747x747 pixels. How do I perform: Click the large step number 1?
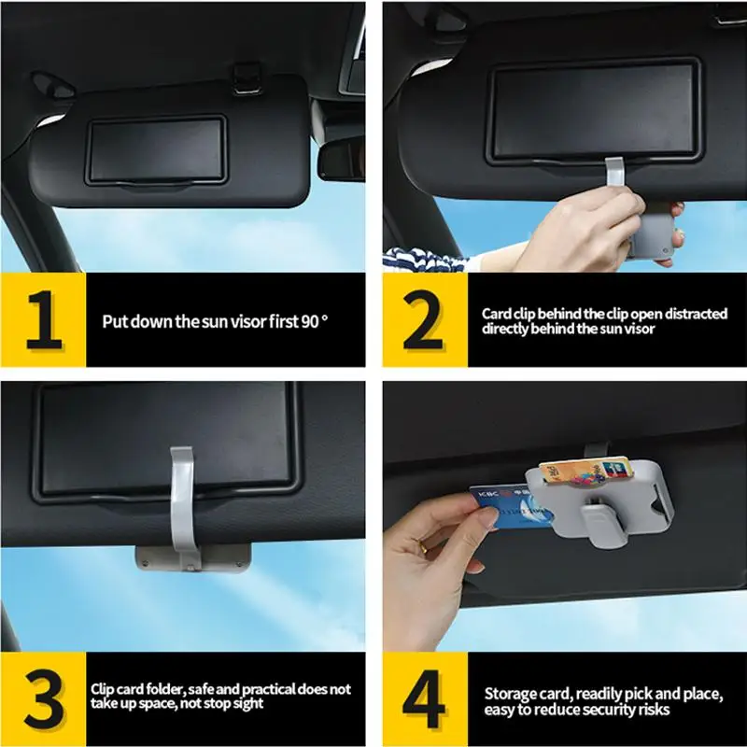pyautogui.click(x=44, y=319)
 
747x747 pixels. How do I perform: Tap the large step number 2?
pyautogui.click(x=423, y=319)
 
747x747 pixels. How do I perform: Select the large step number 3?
pyautogui.click(x=44, y=698)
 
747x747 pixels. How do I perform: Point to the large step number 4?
pyautogui.click(x=423, y=698)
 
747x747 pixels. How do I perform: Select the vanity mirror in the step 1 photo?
pyautogui.click(x=156, y=150)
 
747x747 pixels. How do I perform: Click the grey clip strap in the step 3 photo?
pyautogui.click(x=182, y=505)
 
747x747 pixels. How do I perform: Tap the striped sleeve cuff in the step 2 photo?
pyautogui.click(x=429, y=260)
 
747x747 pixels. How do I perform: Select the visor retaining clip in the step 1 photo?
pyautogui.click(x=247, y=78)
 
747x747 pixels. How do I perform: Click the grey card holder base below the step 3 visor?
pyautogui.click(x=193, y=558)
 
